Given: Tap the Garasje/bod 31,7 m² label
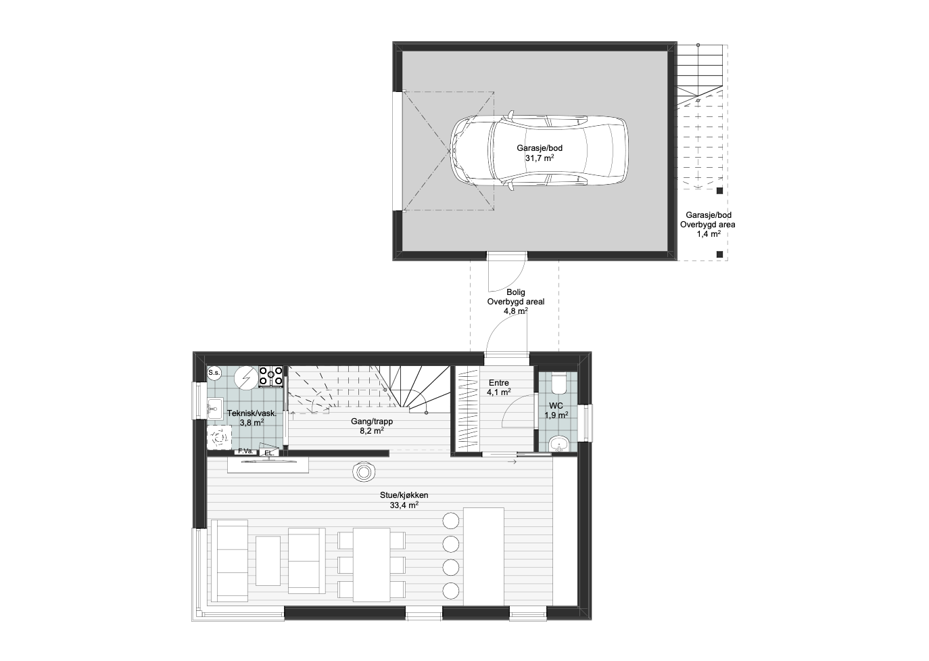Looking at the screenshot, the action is (540, 153).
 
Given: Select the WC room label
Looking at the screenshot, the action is (556, 410).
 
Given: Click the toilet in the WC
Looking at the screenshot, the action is (558, 384).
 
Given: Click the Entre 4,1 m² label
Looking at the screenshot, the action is (498, 387).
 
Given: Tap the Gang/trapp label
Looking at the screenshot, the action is (372, 421).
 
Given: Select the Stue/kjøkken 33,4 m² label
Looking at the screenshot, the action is (404, 500).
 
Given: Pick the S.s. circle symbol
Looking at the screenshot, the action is (214, 373).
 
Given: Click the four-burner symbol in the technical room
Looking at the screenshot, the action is (271, 377).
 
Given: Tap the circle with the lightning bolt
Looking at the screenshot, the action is (246, 378).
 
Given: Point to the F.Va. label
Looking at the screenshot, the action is (245, 451).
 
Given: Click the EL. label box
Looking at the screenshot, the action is (269, 453).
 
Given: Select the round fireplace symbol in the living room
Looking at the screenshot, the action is (364, 472).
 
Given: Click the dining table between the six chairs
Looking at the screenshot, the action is (371, 565).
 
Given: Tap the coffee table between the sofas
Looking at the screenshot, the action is (268, 561).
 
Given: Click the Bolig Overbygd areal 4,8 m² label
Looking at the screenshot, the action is (515, 302).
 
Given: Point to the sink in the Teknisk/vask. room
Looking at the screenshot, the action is (215, 409).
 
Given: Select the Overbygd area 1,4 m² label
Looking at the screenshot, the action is (708, 229).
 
